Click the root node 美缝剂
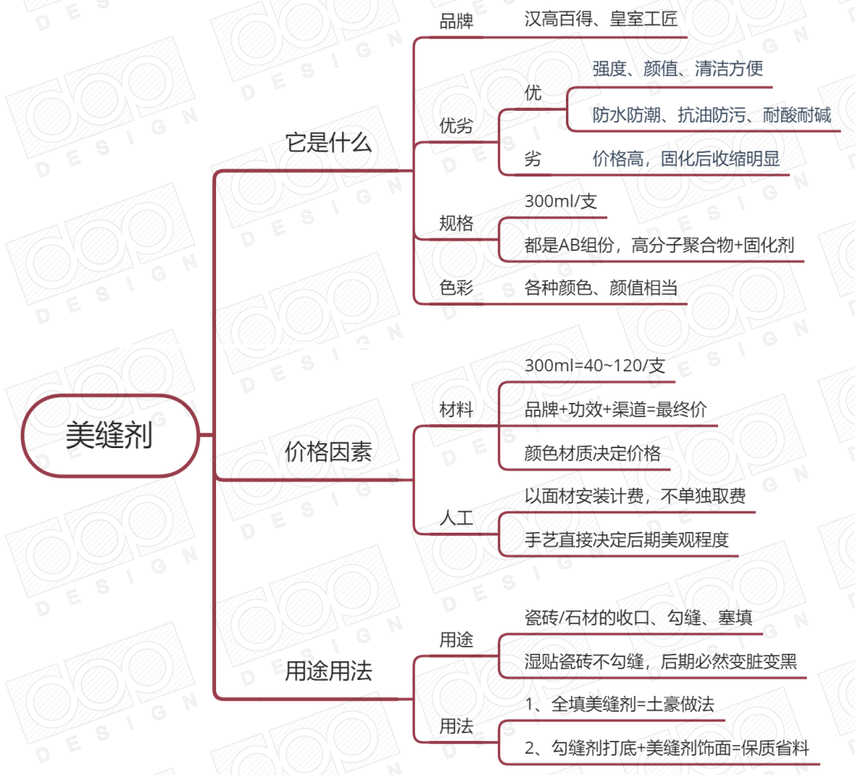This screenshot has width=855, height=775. tap(108, 435)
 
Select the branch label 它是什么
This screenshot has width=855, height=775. tap(329, 143)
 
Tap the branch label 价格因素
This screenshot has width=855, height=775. tap(329, 453)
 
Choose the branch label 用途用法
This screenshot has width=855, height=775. tap(329, 671)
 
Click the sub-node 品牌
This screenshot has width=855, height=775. tap(456, 21)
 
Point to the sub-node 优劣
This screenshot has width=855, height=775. tap(456, 125)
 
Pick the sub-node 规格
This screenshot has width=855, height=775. tap(456, 223)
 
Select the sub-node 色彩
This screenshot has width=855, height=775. tap(456, 287)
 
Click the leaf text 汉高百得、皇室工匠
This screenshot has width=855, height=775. tap(601, 20)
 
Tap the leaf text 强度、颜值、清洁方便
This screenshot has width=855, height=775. tap(678, 69)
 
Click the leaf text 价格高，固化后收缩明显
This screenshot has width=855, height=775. tap(686, 159)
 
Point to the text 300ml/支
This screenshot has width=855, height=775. tap(560, 202)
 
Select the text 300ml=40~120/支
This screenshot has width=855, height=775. tap(595, 367)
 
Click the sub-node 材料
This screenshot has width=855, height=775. tap(456, 410)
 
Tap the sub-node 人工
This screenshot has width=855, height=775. tap(456, 519)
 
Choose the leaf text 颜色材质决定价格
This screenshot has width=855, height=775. tap(592, 454)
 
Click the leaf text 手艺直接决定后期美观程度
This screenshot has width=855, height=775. tap(626, 540)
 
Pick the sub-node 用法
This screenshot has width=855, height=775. tap(456, 726)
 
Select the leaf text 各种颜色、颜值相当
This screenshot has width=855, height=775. tap(601, 288)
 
